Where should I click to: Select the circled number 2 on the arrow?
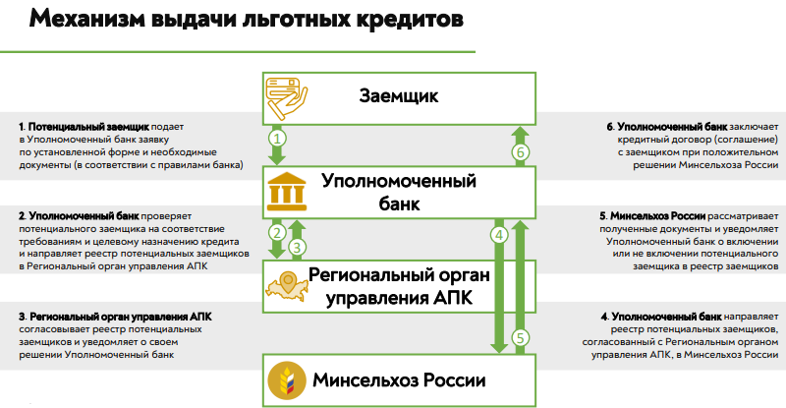point(278,233)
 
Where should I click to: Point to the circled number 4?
point(499,235)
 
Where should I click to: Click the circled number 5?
point(522,337)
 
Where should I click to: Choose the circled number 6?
point(522,152)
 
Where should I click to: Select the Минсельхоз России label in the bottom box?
point(399,379)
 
